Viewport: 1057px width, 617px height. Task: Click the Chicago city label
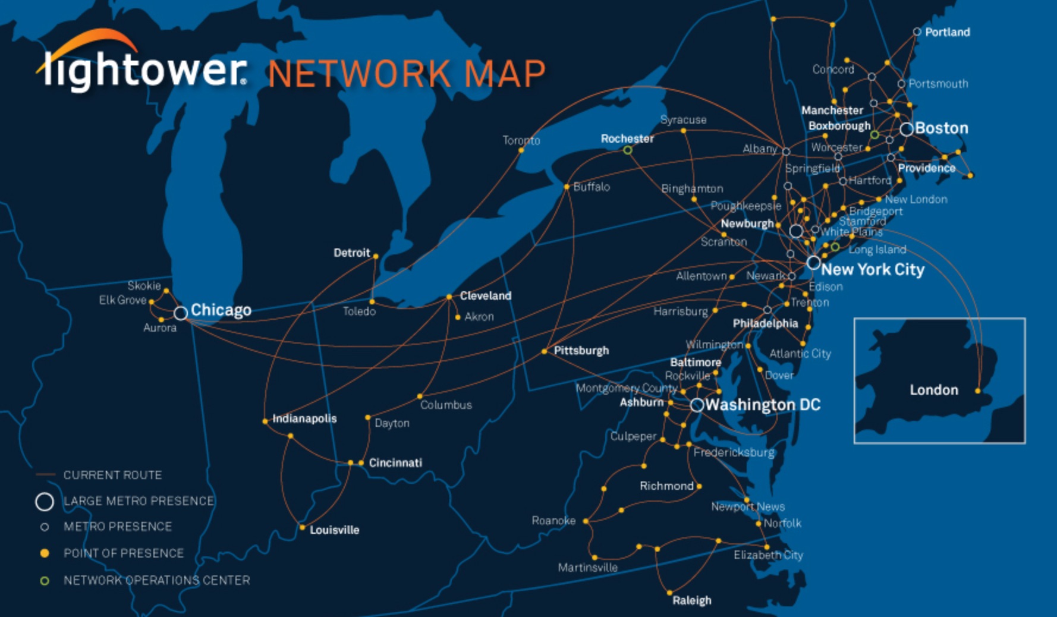pos(221,310)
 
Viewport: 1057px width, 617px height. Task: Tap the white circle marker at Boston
pos(907,129)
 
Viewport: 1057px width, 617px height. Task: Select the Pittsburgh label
pos(581,351)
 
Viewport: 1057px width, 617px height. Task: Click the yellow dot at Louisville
pos(303,527)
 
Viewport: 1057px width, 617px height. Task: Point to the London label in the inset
pos(933,390)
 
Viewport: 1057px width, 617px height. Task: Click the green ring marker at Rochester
pos(627,150)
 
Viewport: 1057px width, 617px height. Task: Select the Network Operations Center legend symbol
pos(44,581)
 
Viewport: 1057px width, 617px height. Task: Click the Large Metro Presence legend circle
pos(45,502)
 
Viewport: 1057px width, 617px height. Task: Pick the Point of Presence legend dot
pos(44,553)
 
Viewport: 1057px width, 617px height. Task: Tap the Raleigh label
pos(691,600)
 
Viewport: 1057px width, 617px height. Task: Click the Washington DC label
pos(763,405)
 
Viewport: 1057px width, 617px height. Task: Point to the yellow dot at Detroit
pos(376,257)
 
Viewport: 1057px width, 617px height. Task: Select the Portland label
pos(947,32)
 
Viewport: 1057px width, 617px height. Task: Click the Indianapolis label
pos(304,418)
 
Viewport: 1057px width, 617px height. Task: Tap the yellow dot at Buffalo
pos(567,187)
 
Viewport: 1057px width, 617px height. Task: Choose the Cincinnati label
pos(395,462)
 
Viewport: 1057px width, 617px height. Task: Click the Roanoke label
pos(553,521)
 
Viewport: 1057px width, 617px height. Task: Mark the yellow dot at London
pos(978,391)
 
